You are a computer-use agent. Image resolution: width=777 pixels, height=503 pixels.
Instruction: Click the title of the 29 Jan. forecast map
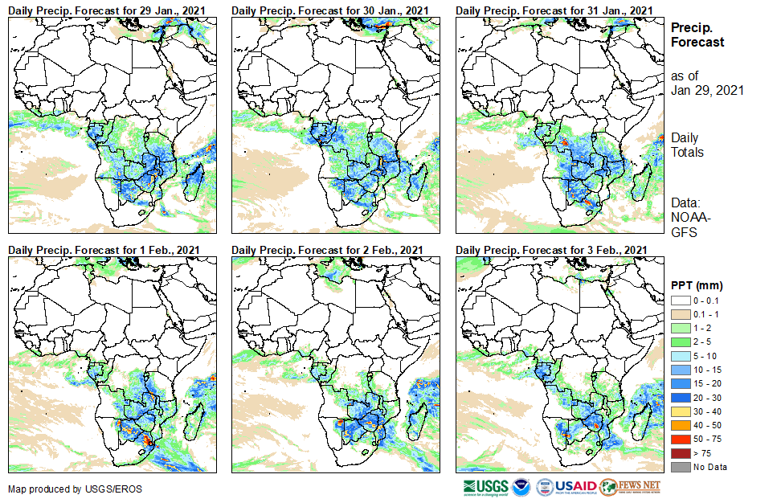(x=104, y=10)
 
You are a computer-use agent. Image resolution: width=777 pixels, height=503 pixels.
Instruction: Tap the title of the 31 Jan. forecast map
(x=552, y=10)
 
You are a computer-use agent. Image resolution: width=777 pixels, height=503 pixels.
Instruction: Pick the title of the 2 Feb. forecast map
(x=327, y=251)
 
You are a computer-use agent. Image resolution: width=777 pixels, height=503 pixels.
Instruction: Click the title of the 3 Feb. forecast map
(x=551, y=251)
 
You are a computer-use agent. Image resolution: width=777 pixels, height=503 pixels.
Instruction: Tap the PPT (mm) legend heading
(x=697, y=285)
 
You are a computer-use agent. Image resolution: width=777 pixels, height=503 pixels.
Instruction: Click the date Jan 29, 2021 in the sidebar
(x=707, y=90)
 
